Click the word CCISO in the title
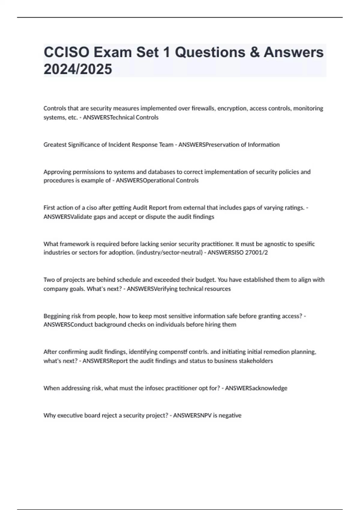(66, 52)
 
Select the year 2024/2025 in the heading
(78, 69)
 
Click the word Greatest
(55, 145)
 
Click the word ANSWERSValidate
(68, 217)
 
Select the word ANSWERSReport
(105, 361)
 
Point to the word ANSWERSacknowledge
(256, 388)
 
